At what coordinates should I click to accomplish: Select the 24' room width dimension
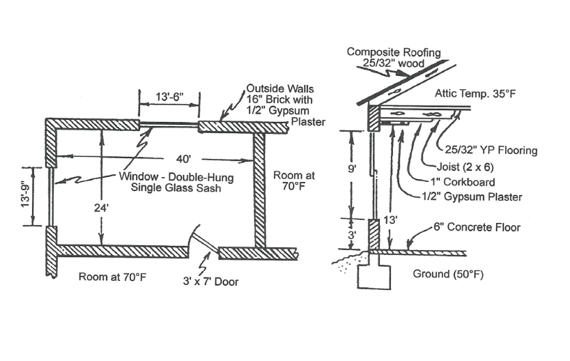[103, 206]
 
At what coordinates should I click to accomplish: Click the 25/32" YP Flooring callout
[491, 150]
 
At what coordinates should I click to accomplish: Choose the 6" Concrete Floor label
[476, 227]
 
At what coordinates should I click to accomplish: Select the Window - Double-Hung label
[175, 177]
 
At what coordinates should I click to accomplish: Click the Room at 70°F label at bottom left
[112, 277]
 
